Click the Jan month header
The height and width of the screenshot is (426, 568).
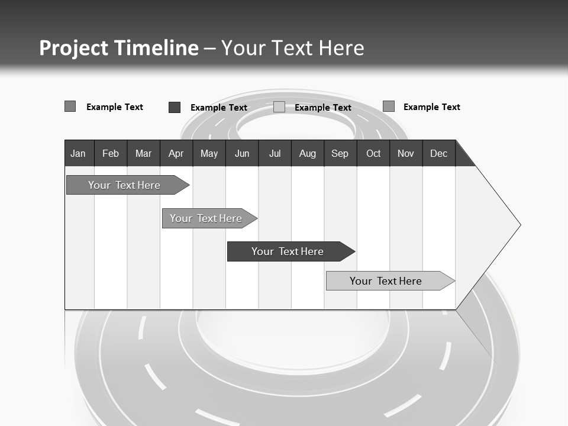(x=78, y=153)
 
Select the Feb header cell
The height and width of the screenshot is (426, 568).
(x=111, y=153)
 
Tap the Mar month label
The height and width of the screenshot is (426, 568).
(x=143, y=153)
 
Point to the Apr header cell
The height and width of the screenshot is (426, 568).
(x=176, y=153)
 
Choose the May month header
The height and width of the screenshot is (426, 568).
(x=209, y=153)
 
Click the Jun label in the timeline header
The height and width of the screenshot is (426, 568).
(x=242, y=153)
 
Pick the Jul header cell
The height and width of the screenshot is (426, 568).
(x=275, y=153)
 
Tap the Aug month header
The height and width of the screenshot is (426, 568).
(x=308, y=153)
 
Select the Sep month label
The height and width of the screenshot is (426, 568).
(x=340, y=153)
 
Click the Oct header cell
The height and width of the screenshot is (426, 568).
(x=373, y=153)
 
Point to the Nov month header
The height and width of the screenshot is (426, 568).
(x=406, y=153)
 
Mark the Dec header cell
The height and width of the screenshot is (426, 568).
(x=439, y=153)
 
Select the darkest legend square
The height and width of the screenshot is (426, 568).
(x=175, y=107)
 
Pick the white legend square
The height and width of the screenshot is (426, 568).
(x=279, y=107)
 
